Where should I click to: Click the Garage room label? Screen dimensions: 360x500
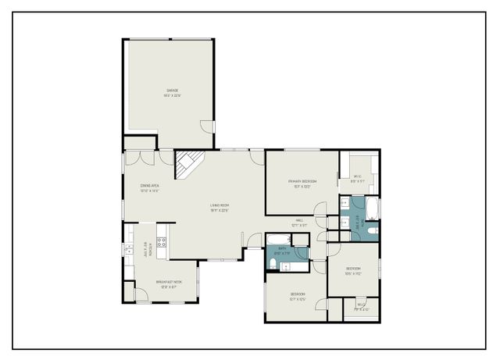(x=173, y=92)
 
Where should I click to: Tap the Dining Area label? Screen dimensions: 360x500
(x=149, y=187)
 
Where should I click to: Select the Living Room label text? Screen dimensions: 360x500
(x=219, y=207)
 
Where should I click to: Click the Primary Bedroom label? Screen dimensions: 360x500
(x=302, y=184)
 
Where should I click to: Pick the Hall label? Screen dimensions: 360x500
(x=298, y=223)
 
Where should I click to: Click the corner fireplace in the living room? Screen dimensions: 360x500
(x=187, y=164)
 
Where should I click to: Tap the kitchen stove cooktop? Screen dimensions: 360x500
(x=162, y=242)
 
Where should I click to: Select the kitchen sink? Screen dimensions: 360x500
(x=128, y=250)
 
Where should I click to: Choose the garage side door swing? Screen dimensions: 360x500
(x=206, y=126)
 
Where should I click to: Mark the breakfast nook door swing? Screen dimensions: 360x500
(x=141, y=295)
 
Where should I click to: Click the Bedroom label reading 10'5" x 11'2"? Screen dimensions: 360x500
(x=353, y=270)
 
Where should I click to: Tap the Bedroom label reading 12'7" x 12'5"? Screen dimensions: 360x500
(x=298, y=296)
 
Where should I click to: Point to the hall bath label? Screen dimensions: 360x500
(x=281, y=251)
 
